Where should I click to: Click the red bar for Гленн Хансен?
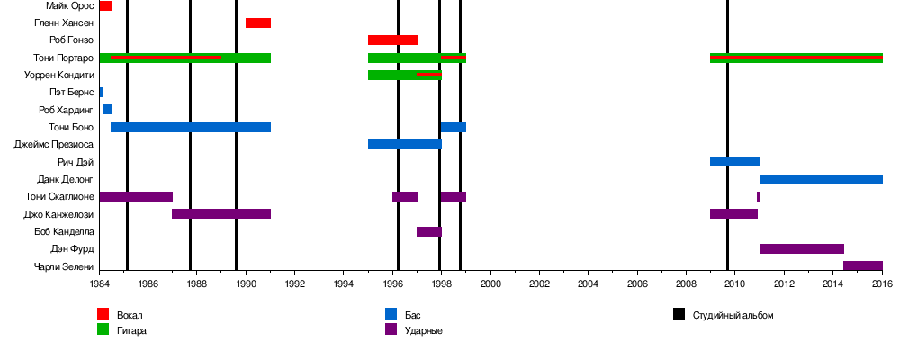click(258, 22)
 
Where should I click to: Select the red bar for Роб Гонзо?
click(392, 40)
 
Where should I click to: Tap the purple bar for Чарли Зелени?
click(862, 265)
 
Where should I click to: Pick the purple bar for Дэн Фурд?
click(801, 248)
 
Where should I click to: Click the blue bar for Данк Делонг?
click(821, 179)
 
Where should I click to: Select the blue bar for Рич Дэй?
click(734, 162)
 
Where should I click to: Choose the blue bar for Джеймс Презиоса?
click(404, 144)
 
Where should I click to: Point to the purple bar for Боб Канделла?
click(428, 231)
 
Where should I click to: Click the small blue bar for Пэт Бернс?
click(101, 92)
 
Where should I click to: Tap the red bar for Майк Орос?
click(105, 5)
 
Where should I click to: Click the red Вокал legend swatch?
click(103, 314)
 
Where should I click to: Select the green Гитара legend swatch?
click(103, 329)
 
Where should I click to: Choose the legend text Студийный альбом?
click(733, 315)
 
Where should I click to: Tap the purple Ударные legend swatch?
click(391, 329)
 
